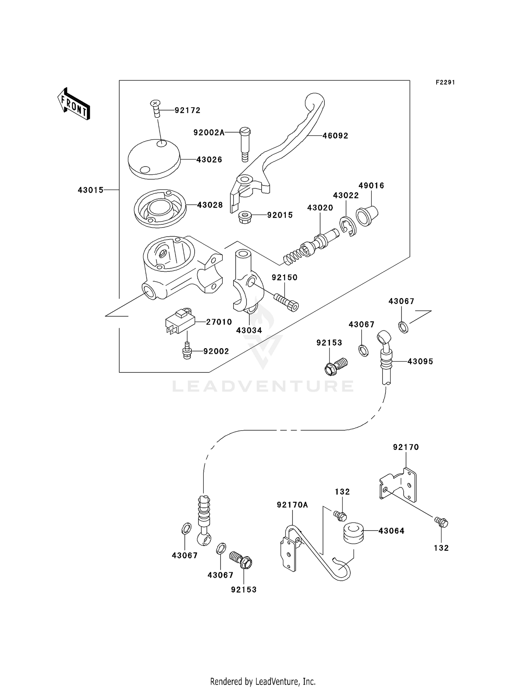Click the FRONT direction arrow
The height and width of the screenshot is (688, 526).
pyautogui.click(x=74, y=104)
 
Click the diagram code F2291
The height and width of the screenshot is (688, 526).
pyautogui.click(x=445, y=82)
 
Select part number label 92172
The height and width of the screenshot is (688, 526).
pyautogui.click(x=188, y=110)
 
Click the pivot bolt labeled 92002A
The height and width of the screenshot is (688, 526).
pyautogui.click(x=244, y=144)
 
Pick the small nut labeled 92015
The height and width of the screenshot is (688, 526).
pyautogui.click(x=245, y=217)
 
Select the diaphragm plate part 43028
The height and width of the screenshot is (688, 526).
pyautogui.click(x=160, y=209)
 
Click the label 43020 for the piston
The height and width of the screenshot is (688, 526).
pyautogui.click(x=320, y=208)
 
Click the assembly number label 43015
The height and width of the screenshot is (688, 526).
pyautogui.click(x=90, y=190)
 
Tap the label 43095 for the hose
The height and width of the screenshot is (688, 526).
pyautogui.click(x=420, y=361)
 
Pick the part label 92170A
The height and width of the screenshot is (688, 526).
pyautogui.click(x=292, y=505)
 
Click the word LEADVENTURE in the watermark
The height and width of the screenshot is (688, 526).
pyautogui.click(x=263, y=386)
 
